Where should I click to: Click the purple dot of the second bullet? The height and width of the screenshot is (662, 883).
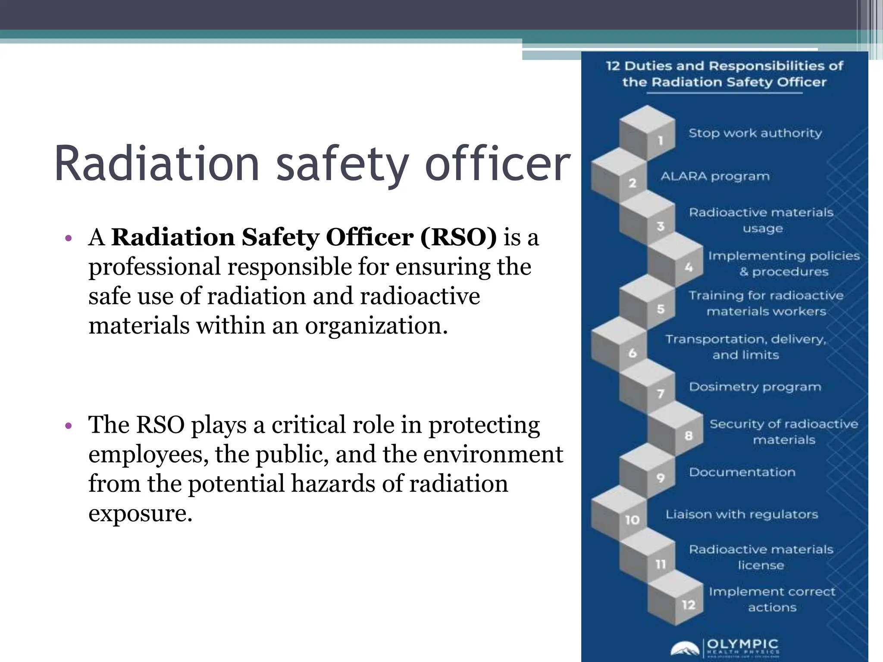point(68,426)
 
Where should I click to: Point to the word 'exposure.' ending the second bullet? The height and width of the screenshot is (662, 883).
point(140,513)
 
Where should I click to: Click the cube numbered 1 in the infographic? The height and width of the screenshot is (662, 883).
point(647,134)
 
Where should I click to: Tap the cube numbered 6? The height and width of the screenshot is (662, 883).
point(619,345)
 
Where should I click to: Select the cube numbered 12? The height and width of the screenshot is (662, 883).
point(676,599)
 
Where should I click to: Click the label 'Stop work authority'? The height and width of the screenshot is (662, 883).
point(755,133)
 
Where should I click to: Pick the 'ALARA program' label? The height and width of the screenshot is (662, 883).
point(715,176)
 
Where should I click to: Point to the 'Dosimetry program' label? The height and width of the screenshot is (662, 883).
point(755,387)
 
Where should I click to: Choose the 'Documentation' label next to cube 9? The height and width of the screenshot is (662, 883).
point(742,472)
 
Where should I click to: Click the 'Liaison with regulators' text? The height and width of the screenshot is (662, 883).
point(742,515)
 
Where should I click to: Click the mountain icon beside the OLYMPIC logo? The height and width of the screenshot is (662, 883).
point(685,649)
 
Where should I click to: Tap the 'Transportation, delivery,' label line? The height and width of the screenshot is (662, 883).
point(745,340)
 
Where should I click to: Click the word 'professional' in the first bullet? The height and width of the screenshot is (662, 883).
point(154,267)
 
